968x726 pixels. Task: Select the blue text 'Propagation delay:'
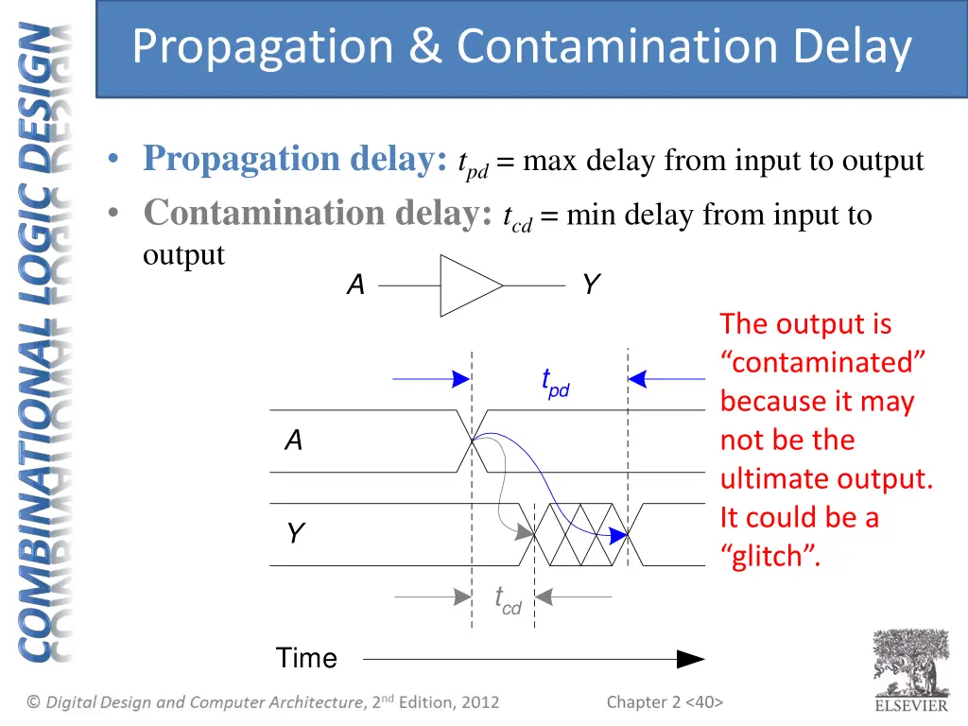click(x=295, y=159)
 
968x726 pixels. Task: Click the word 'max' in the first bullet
click(x=550, y=162)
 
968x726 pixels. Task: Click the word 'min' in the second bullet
click(x=592, y=216)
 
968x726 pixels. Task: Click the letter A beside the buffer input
click(x=355, y=285)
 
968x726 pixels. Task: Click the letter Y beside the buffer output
click(x=590, y=285)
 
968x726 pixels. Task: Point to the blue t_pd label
click(x=555, y=383)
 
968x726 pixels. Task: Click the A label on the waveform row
click(x=294, y=440)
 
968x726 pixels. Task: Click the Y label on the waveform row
click(x=295, y=534)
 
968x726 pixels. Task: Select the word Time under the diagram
click(x=306, y=658)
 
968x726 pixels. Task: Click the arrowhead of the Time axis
click(x=692, y=659)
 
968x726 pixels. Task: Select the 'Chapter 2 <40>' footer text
click(x=665, y=701)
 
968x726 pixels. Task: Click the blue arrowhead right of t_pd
click(x=638, y=379)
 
